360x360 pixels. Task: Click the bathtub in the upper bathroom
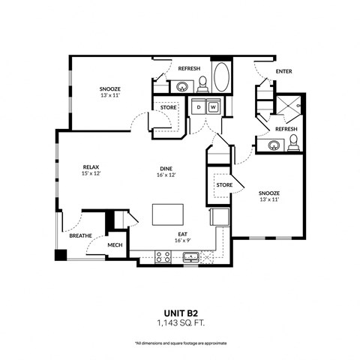pyautogui.click(x=222, y=78)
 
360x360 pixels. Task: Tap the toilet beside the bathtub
pyautogui.click(x=202, y=82)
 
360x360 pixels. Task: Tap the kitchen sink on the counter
pyautogui.click(x=190, y=258)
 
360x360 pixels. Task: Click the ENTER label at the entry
pyautogui.click(x=283, y=72)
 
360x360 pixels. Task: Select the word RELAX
pyautogui.click(x=91, y=167)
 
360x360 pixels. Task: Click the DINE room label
pyautogui.click(x=165, y=167)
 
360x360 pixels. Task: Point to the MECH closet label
pyautogui.click(x=115, y=245)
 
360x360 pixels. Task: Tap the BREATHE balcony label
pyautogui.click(x=80, y=235)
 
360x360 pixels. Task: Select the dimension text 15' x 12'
pyautogui.click(x=91, y=174)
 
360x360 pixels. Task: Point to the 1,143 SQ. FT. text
pyautogui.click(x=179, y=319)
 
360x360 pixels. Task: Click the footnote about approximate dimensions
pyautogui.click(x=179, y=341)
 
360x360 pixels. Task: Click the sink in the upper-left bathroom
pyautogui.click(x=183, y=86)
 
